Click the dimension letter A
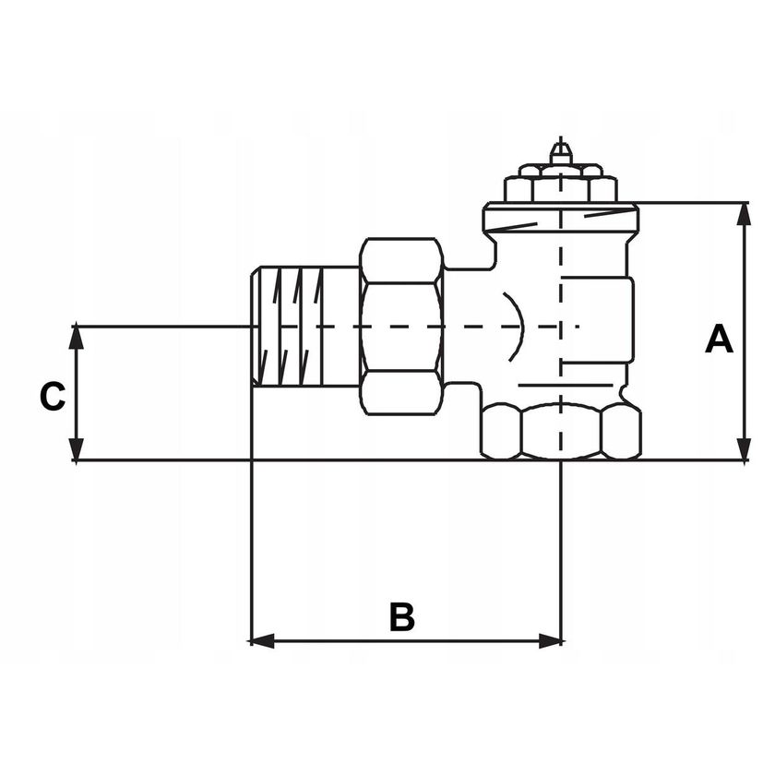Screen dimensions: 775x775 coord(719,340)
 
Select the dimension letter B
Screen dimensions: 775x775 coord(401,617)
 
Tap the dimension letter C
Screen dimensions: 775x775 coord(53,397)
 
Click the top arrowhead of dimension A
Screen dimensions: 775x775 coord(745,211)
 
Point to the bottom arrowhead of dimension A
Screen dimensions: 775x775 coord(745,450)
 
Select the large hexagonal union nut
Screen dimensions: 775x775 coord(401,326)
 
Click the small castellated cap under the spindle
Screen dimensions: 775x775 coord(560,185)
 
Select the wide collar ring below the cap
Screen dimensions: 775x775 coord(560,219)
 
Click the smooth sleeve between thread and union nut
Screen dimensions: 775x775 coord(342,326)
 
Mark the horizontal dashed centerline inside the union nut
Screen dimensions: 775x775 coord(401,327)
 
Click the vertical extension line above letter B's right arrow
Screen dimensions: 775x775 coord(561,544)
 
